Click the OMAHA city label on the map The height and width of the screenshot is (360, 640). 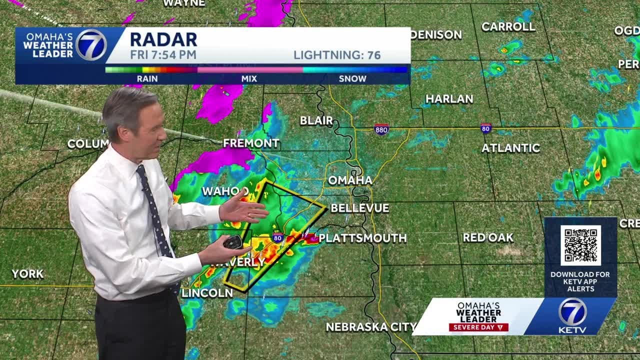[350, 180]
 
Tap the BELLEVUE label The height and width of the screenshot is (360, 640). [359, 208]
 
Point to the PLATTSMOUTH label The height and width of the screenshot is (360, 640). [362, 238]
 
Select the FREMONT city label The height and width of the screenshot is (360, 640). [251, 143]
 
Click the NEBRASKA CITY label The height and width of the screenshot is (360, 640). [371, 327]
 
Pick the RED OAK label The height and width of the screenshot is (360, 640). [487, 237]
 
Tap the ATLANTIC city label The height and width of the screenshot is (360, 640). [510, 148]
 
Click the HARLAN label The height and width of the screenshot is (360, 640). [449, 99]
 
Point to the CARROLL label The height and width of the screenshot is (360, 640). [508, 27]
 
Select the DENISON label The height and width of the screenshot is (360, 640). [436, 34]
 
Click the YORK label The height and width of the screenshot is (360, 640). [27, 274]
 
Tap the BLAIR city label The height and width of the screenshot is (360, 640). [316, 120]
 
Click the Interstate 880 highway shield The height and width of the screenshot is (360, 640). [381, 129]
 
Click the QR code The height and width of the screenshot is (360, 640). [580, 245]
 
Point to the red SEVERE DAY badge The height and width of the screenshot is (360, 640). [478, 327]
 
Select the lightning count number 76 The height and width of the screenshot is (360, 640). [374, 55]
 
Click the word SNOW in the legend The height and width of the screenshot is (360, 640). [352, 78]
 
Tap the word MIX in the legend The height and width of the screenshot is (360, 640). [249, 78]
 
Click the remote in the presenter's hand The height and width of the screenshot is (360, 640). [232, 242]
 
